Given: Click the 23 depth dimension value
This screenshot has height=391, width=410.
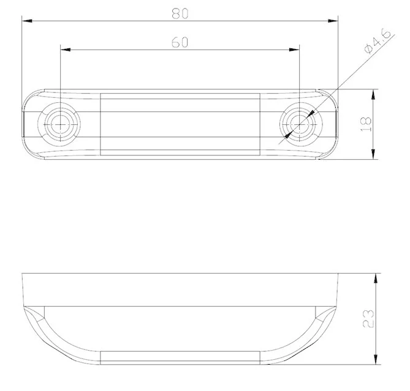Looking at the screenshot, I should [367, 318].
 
